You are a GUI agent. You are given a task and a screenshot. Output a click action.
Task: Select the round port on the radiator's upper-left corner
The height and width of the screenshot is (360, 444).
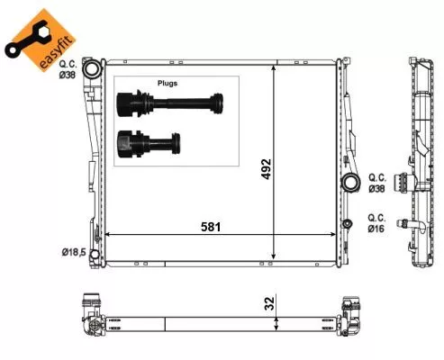tap(90, 70)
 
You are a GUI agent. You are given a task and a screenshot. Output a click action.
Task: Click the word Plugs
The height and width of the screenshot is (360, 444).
tap(168, 83)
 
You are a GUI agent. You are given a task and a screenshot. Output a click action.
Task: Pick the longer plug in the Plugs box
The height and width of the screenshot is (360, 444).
tap(170, 106)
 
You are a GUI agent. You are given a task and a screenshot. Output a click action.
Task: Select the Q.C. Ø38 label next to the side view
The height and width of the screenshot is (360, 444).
tap(377, 184)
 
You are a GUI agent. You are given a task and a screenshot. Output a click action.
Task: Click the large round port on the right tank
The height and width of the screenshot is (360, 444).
tap(349, 185)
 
